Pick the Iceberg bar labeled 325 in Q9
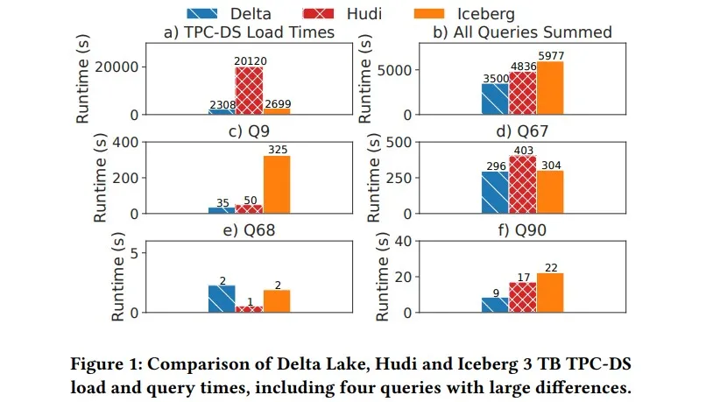276,185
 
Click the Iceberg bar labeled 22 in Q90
549,293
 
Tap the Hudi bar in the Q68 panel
249,309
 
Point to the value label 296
495,166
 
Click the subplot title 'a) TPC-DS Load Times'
249,32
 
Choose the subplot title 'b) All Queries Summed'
522,32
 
